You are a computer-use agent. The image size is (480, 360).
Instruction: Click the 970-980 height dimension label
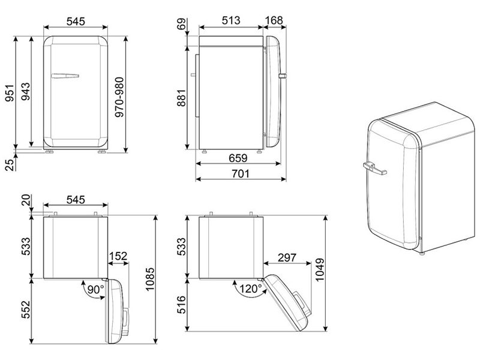[x=119, y=97]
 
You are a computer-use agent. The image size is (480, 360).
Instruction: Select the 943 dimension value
[x=26, y=91]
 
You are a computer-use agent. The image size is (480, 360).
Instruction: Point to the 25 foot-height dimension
[x=10, y=164]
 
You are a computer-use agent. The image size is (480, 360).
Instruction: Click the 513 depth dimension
[x=231, y=20]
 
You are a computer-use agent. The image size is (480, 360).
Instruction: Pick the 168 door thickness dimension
[x=274, y=20]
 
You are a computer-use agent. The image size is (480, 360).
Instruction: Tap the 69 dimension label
[x=182, y=24]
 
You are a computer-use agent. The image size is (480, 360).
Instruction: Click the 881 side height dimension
[x=181, y=98]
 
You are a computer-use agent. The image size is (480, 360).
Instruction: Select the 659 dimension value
[x=238, y=158]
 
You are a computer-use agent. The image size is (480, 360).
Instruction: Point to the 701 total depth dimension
[x=241, y=173]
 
